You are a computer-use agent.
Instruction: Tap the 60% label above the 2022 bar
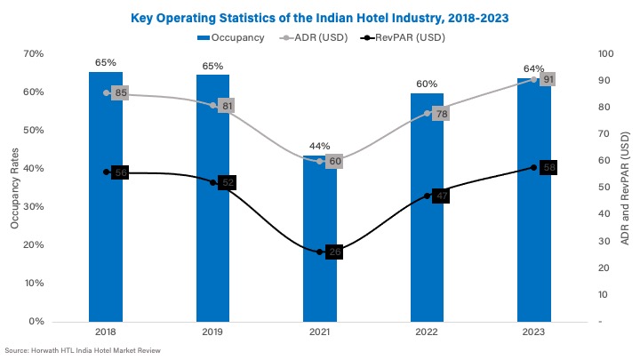tap(428, 84)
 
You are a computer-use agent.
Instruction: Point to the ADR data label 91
tap(548, 79)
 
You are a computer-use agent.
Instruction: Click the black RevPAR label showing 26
tap(334, 252)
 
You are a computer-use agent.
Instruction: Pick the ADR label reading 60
tap(334, 162)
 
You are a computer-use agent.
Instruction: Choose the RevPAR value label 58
tap(548, 167)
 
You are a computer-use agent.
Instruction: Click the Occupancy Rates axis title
tap(15, 187)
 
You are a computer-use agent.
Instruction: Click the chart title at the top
tap(320, 17)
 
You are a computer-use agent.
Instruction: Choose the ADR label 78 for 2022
tap(441, 114)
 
